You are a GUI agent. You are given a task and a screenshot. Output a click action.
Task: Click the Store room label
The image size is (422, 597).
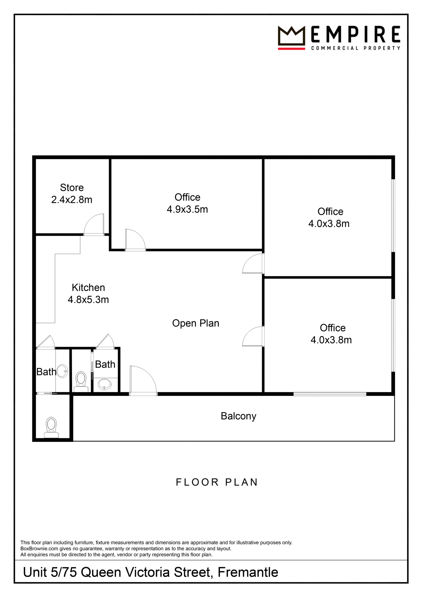[72, 187]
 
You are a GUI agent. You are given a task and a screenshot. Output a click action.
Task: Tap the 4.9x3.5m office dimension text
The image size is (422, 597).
[187, 209]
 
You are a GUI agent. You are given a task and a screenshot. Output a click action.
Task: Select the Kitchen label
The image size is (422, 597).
[88, 288]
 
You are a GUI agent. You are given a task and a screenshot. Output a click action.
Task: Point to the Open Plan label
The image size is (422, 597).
[196, 323]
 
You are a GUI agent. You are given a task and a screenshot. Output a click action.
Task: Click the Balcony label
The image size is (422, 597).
[238, 416]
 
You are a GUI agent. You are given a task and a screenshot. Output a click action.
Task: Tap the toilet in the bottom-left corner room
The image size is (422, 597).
[51, 427]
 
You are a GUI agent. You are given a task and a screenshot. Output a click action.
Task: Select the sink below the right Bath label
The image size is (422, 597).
[105, 384]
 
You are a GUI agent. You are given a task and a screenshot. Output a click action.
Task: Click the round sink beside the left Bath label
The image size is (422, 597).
[63, 371]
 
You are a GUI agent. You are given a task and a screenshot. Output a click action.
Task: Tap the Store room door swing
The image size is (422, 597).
[94, 225]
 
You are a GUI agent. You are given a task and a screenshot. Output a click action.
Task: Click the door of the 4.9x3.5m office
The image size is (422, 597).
[135, 240]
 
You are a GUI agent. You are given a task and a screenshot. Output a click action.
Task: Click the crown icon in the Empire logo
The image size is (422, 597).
[291, 36]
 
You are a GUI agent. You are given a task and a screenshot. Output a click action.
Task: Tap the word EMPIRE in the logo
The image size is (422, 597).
[356, 34]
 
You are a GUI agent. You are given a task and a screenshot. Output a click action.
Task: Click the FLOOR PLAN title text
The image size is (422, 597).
[217, 482]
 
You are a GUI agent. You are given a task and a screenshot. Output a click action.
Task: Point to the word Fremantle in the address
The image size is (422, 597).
[248, 572]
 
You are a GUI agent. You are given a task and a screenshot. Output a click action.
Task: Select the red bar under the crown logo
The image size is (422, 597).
[291, 49]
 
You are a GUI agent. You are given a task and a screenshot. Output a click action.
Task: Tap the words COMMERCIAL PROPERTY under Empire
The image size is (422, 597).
[356, 48]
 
